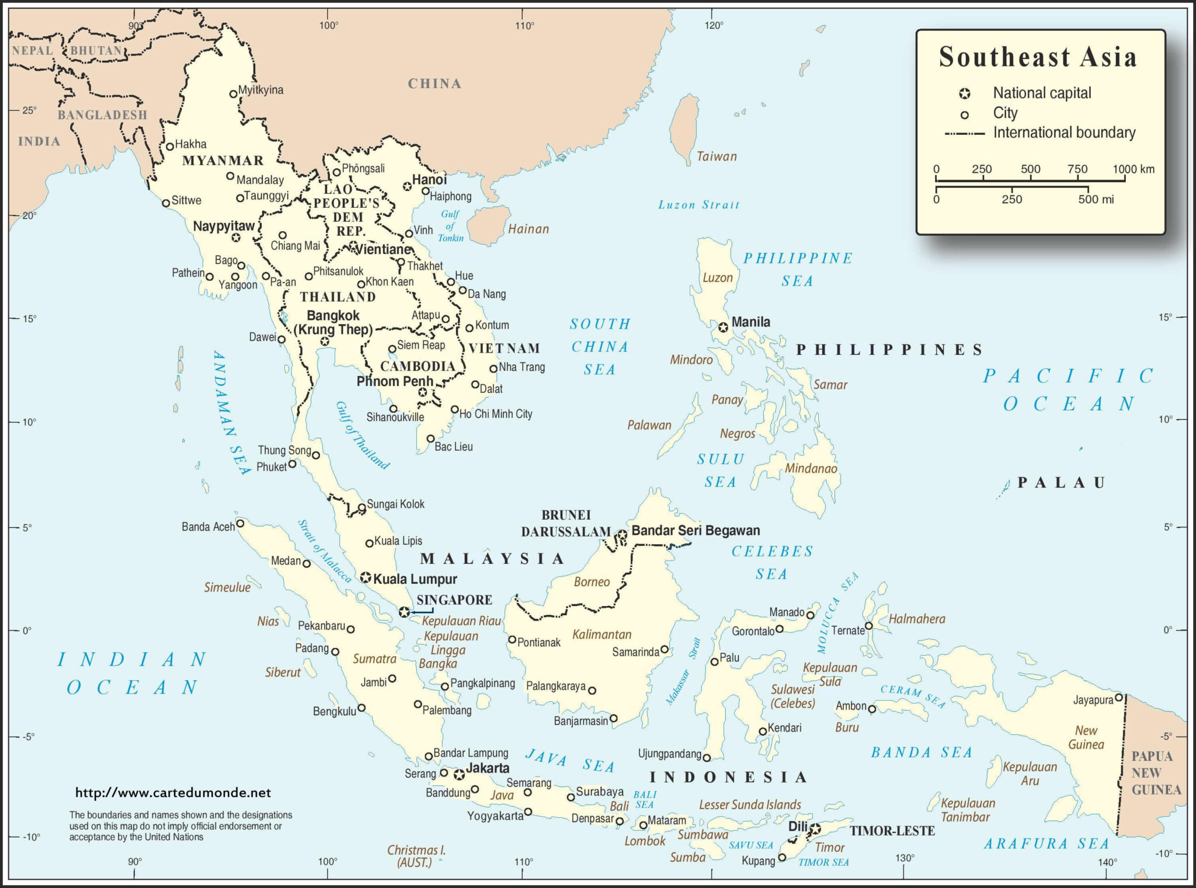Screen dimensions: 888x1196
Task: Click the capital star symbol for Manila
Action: pos(724,328)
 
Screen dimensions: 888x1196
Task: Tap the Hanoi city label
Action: pos(429,180)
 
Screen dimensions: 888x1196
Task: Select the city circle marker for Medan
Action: pos(307,564)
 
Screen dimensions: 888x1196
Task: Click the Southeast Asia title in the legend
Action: pos(1038,58)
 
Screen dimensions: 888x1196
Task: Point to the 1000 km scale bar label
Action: pos(1133,169)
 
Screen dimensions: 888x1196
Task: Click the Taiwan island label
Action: pos(717,156)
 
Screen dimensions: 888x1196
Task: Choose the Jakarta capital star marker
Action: pos(460,775)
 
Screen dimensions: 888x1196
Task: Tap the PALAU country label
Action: pos(1061,483)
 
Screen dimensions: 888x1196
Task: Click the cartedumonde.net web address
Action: pos(173,793)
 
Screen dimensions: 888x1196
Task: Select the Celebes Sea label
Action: pos(772,563)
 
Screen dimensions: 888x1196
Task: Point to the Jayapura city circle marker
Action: pos(1119,697)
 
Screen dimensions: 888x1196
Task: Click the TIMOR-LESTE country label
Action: pos(892,831)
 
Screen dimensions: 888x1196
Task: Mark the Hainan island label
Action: pos(529,229)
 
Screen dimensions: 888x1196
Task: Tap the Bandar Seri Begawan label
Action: pos(696,531)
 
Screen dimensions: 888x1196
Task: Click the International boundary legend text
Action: pos(1064,133)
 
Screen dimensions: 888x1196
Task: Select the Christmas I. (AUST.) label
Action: pos(416,856)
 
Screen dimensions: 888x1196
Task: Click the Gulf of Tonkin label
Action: pos(450,226)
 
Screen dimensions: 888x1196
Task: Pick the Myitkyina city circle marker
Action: pos(234,93)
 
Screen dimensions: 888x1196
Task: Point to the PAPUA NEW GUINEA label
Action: pos(1156,773)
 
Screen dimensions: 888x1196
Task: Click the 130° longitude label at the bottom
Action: pos(904,858)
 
